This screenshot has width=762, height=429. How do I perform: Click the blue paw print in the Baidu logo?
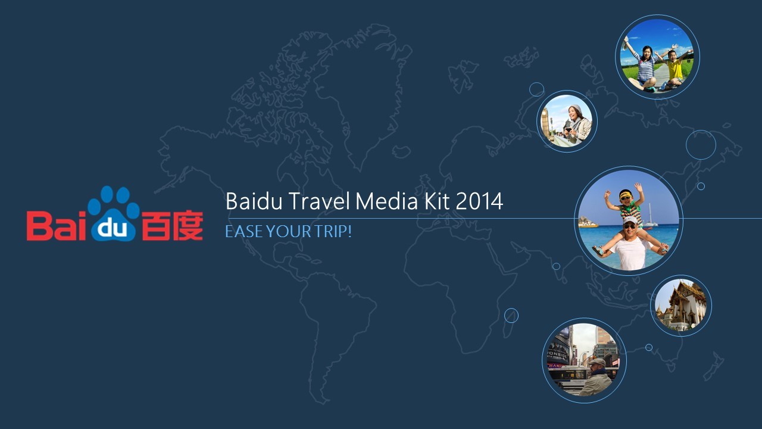click(113, 214)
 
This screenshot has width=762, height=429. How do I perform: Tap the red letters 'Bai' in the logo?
click(57, 226)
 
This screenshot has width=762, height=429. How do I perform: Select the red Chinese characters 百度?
click(172, 226)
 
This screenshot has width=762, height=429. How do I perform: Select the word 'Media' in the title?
click(386, 201)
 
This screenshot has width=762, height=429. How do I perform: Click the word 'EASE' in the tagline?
click(244, 232)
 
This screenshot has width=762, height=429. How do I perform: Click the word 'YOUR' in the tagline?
click(289, 232)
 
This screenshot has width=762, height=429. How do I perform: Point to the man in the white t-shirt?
click(631, 244)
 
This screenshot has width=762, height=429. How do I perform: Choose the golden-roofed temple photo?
click(680, 306)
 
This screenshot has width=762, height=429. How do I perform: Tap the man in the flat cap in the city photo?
click(596, 377)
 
